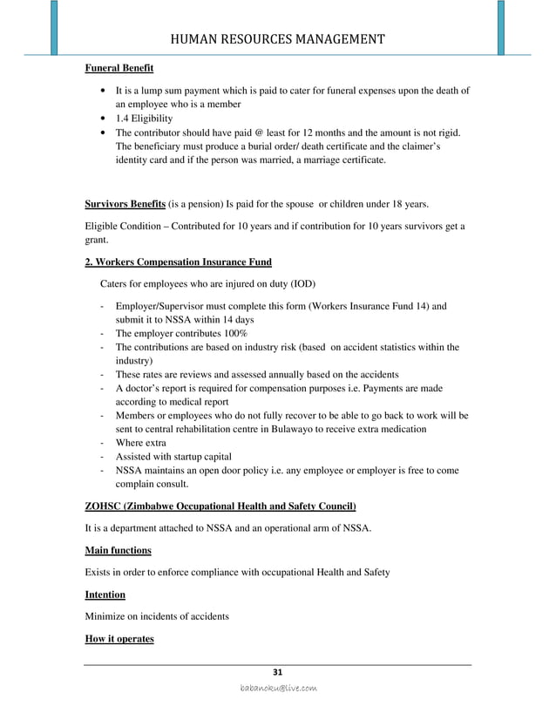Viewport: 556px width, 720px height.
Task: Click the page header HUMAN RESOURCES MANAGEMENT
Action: click(x=277, y=38)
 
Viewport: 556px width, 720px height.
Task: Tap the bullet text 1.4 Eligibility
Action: click(x=145, y=119)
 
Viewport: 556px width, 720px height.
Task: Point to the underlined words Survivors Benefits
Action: click(x=124, y=205)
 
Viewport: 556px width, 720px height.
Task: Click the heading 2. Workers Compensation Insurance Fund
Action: click(x=178, y=262)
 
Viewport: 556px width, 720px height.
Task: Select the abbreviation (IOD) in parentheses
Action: click(x=300, y=284)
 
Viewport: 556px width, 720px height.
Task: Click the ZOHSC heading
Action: click(x=220, y=506)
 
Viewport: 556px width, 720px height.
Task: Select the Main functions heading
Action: click(x=118, y=550)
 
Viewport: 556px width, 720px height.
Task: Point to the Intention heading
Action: click(x=105, y=594)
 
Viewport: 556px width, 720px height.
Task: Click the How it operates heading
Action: click(x=119, y=639)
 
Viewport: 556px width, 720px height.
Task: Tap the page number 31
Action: click(x=278, y=672)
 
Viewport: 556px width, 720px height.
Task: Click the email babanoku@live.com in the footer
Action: click(x=278, y=689)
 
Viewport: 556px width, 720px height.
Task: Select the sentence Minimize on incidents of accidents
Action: click(x=157, y=616)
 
